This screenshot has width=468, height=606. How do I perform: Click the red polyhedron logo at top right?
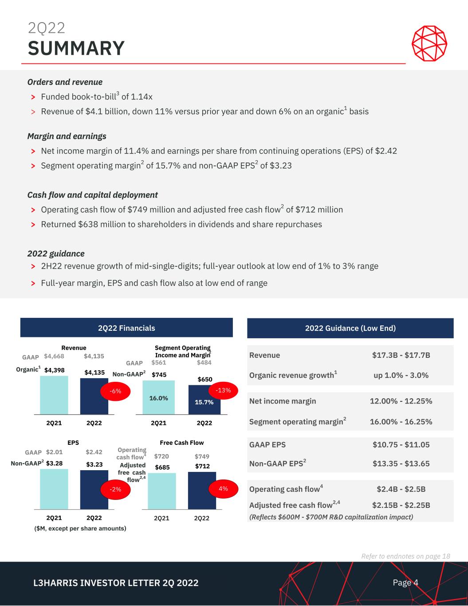click(x=429, y=43)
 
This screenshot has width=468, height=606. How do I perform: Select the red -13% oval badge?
click(x=223, y=390)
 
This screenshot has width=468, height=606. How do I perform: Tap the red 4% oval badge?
click(x=223, y=488)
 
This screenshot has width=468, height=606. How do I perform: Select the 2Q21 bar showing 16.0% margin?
click(x=158, y=398)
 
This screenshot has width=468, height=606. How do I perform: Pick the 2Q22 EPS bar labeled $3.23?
click(x=94, y=493)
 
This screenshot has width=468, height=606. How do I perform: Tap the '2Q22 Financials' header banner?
click(x=126, y=328)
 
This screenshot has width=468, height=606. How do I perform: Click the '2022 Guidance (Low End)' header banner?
click(x=350, y=328)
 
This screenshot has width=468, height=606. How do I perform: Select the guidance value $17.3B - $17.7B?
click(x=401, y=355)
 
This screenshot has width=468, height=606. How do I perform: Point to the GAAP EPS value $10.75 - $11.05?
click(x=401, y=444)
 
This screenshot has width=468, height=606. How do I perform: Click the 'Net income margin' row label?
click(x=283, y=401)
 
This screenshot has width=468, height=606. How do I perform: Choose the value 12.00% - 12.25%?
click(x=401, y=401)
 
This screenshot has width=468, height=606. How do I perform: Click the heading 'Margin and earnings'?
click(x=67, y=136)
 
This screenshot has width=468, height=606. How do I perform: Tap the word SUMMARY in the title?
click(x=76, y=48)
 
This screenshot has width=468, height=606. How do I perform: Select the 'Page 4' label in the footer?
click(x=405, y=582)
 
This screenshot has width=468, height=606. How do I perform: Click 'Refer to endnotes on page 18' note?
click(x=405, y=556)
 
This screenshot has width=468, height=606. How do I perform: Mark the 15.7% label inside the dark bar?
click(x=204, y=402)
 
